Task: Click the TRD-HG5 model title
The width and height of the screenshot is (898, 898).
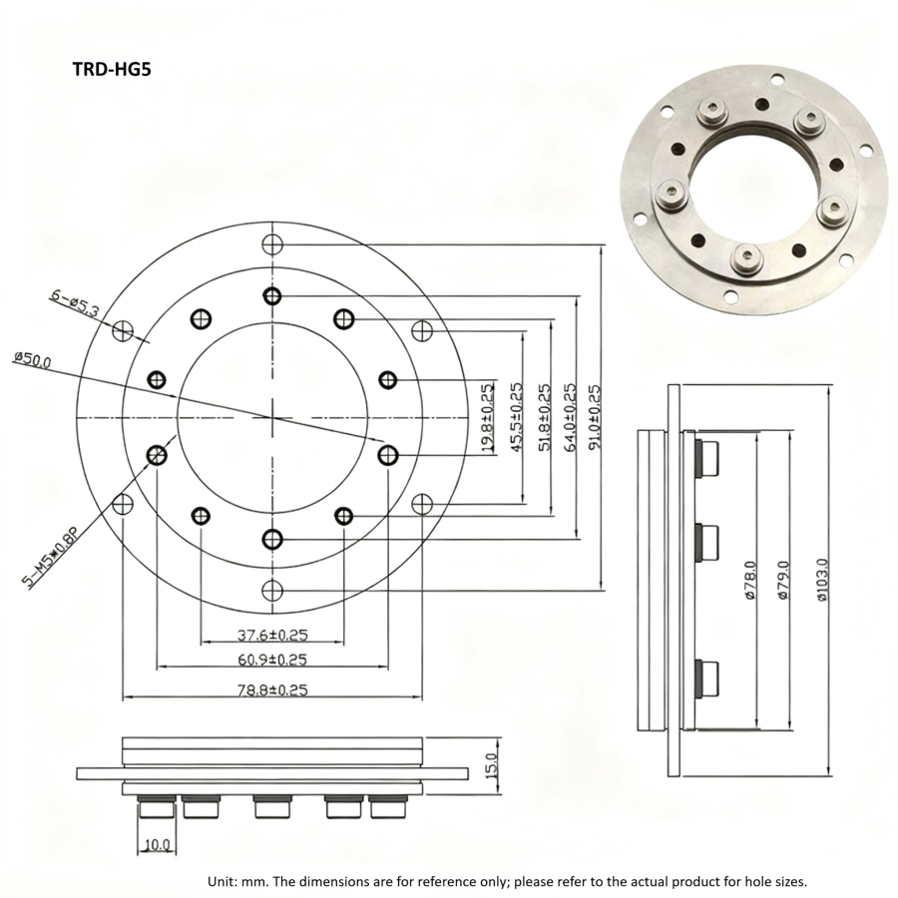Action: coord(111,71)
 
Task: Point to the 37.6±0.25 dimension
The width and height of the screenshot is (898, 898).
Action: coord(270,634)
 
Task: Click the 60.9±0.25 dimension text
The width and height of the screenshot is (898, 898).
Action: coord(270,660)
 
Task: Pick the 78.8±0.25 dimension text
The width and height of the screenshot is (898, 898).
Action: coord(270,687)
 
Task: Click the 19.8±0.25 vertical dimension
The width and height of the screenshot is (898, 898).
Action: coord(487,419)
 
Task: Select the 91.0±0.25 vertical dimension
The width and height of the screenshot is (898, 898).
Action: coord(596,419)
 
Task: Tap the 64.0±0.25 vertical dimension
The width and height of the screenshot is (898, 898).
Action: coord(569,419)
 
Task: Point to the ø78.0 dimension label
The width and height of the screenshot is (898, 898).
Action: coord(751,579)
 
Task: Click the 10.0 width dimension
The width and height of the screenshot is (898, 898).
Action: coord(157,844)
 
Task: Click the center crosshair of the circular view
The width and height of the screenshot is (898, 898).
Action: coord(272,416)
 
